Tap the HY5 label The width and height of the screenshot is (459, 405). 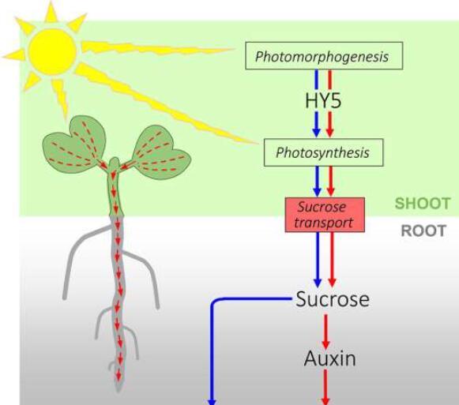323,101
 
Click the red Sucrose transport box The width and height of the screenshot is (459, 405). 325,215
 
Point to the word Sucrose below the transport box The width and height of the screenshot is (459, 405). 333,299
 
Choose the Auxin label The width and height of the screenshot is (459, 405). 330,358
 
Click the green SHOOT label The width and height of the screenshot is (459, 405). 423,204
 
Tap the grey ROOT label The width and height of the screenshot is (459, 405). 423,231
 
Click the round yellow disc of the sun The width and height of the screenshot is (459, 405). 53,52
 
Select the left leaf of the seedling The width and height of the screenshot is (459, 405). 74,144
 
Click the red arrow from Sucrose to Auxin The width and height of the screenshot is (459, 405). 325,332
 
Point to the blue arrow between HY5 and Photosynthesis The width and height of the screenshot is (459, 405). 316,125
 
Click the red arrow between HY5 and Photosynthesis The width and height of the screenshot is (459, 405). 330,125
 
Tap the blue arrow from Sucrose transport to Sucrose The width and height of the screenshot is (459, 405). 318,260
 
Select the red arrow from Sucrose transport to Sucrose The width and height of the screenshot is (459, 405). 332,260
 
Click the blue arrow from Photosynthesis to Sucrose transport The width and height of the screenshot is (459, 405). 318,182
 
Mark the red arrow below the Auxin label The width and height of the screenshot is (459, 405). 325,387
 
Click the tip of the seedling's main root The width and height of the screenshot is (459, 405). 119,390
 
